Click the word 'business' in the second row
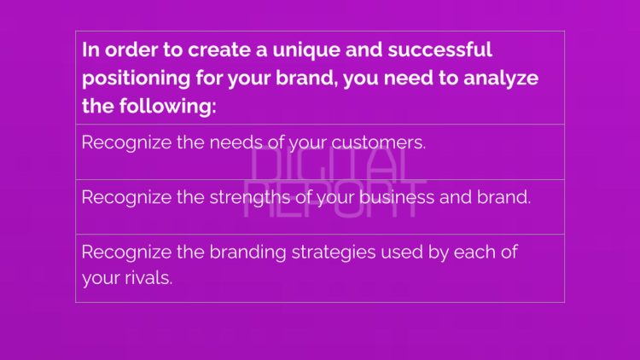tap(406, 197)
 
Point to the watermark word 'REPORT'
tap(334, 199)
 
